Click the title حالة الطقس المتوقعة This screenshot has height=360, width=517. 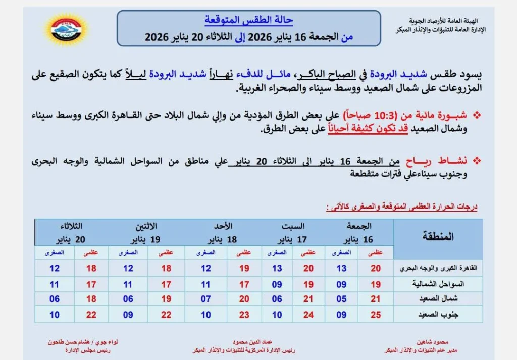click(x=249, y=21)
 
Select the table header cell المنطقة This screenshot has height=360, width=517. click(x=437, y=236)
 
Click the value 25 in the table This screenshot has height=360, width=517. click(x=376, y=315)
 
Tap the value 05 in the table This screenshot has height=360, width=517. click(x=342, y=299)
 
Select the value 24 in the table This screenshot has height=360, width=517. click(x=308, y=315)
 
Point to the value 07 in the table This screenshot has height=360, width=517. click(x=206, y=299)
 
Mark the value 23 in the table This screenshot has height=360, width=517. click(x=244, y=315)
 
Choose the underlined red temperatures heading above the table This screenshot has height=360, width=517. click(x=402, y=207)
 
